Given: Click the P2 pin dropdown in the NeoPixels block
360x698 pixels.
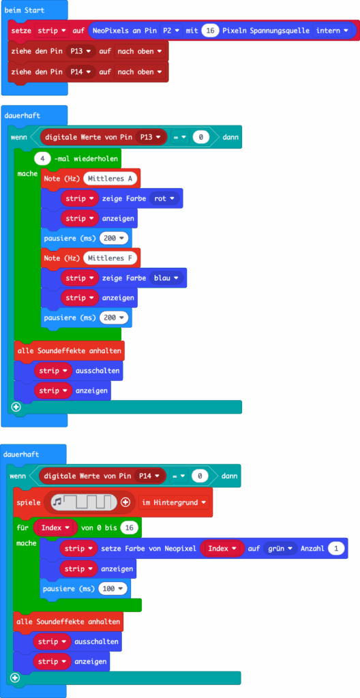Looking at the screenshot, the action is [x=171, y=31].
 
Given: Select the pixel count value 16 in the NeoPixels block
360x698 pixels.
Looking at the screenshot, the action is [x=210, y=31].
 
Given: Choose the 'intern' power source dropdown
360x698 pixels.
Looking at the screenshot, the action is [x=332, y=31].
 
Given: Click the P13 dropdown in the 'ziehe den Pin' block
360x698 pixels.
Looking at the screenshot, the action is [x=80, y=51].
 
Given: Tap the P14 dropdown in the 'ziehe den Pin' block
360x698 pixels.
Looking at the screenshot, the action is [x=80, y=72].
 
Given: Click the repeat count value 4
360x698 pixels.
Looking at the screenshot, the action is [x=42, y=158].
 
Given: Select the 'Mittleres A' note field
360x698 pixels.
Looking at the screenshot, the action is [x=110, y=179].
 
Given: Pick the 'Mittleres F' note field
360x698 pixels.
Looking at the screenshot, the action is [x=110, y=258].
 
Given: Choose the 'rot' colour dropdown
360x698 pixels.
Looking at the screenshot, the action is [x=164, y=198].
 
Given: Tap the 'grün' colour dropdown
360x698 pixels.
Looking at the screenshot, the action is [x=280, y=549].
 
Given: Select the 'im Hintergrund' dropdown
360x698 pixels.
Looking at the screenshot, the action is [x=175, y=502].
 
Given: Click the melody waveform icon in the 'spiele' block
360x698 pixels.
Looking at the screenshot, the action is [x=84, y=502].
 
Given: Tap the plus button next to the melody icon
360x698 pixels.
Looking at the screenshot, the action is [x=125, y=502].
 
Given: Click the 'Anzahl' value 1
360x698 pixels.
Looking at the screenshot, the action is [x=336, y=549].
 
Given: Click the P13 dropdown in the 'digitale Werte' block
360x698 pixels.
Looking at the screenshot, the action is [x=151, y=138].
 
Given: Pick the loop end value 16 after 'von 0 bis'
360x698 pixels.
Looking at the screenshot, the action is [x=129, y=528].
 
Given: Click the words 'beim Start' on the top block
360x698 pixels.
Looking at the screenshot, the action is [x=25, y=10].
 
